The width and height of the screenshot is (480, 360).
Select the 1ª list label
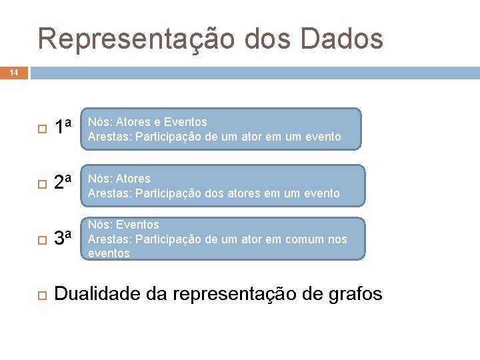[63, 126]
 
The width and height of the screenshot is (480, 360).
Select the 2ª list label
[63, 182]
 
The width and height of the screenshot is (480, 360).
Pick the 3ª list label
[63, 237]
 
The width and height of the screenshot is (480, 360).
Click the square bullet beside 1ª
[41, 128]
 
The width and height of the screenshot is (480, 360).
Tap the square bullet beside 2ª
[41, 183]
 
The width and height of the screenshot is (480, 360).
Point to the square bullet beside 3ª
[41, 239]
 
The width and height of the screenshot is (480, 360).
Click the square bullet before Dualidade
[41, 294]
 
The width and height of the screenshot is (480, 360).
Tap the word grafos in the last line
[356, 294]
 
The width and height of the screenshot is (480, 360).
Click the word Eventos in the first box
[185, 122]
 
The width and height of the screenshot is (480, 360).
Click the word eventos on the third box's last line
[109, 253]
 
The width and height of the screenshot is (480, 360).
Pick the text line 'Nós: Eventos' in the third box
[123, 225]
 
